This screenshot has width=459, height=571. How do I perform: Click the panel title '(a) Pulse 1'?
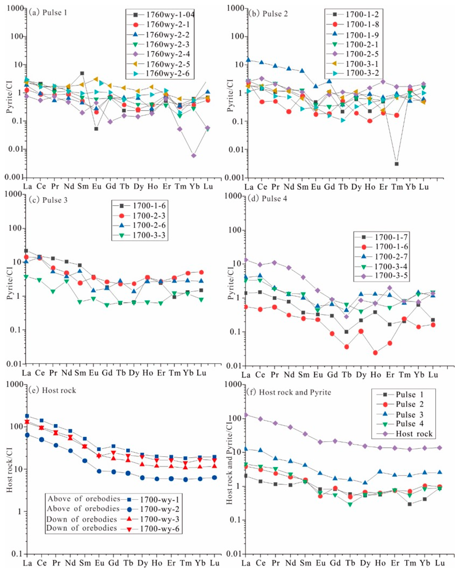(x=46, y=13)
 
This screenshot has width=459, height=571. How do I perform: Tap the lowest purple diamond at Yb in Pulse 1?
(x=194, y=155)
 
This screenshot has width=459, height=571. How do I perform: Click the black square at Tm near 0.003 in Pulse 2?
(x=396, y=164)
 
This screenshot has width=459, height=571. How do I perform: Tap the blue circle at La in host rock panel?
(x=27, y=435)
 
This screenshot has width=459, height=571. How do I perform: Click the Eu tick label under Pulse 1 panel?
(x=97, y=186)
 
